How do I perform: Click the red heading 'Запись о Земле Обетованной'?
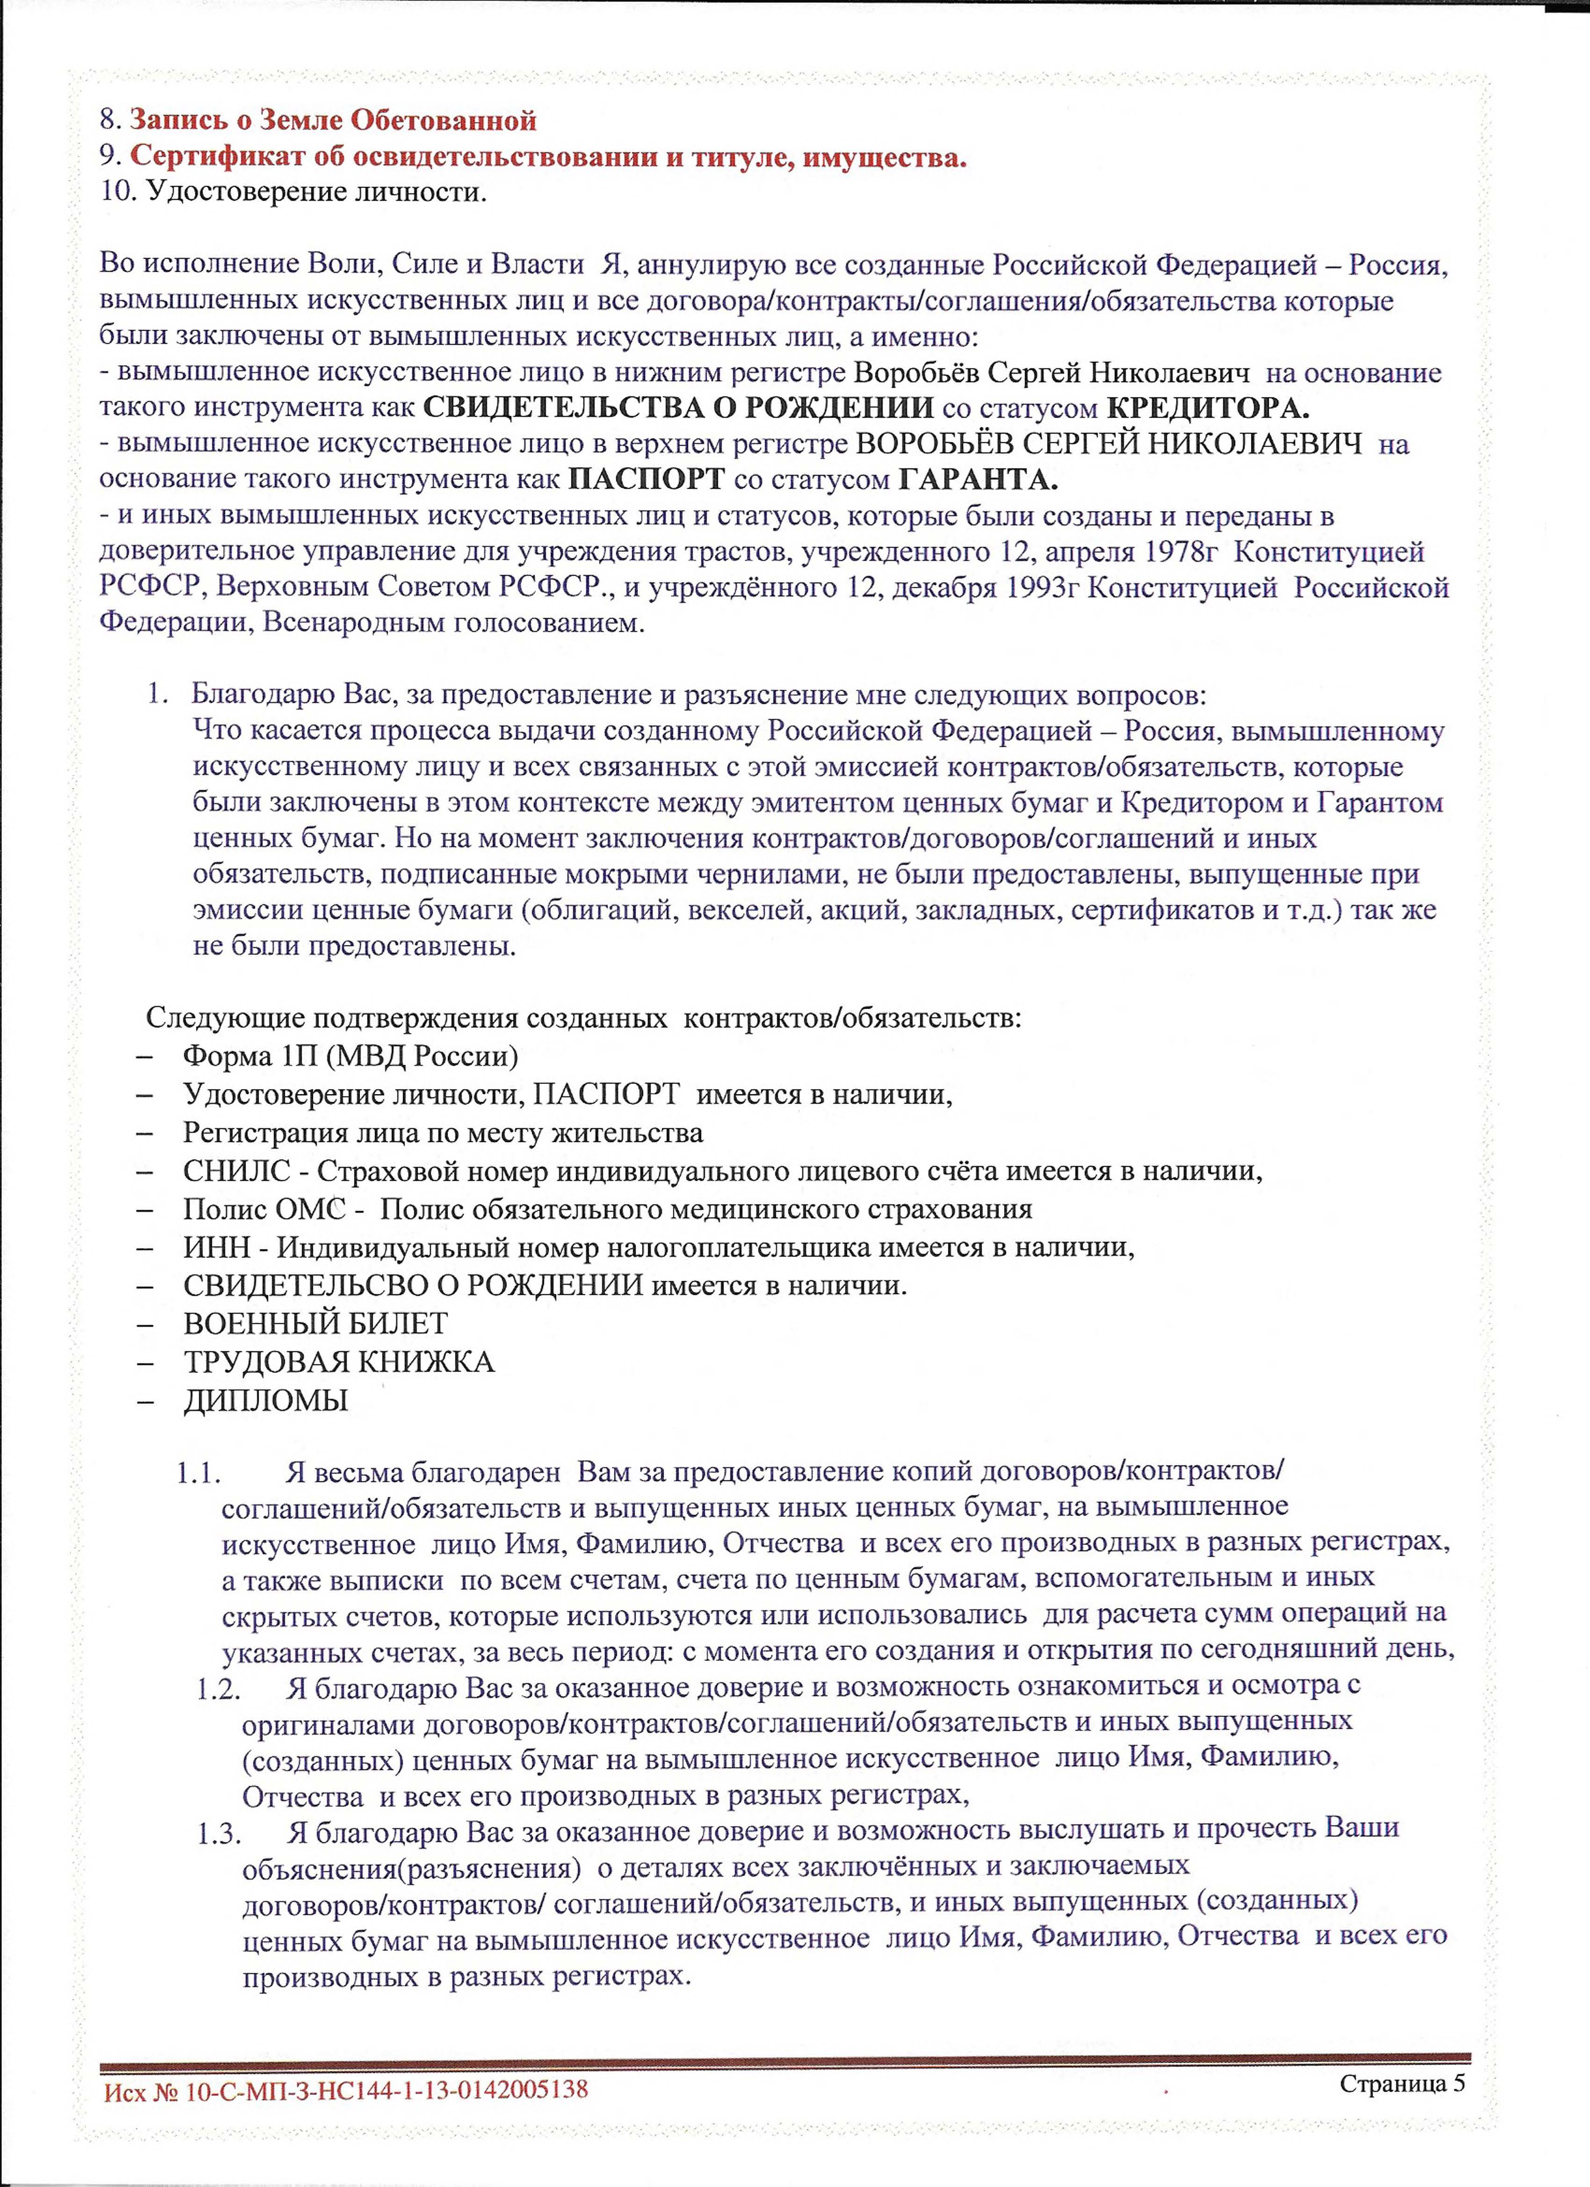tap(332, 121)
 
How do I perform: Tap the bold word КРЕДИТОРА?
tap(1207, 407)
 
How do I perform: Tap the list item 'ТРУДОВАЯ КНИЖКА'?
tap(339, 1362)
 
